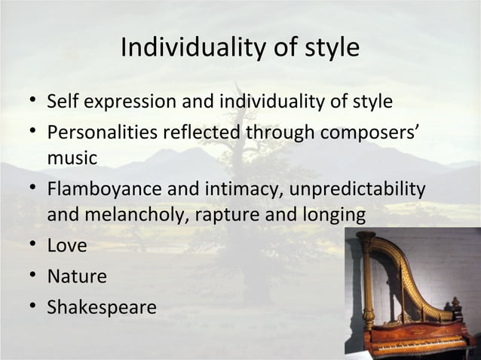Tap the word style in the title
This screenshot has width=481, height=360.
click(x=328, y=48)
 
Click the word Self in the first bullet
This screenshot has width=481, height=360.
click(x=62, y=101)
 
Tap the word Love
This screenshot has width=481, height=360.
click(x=67, y=246)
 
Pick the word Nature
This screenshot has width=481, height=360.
click(x=77, y=276)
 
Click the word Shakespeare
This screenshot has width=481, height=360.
click(x=102, y=308)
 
